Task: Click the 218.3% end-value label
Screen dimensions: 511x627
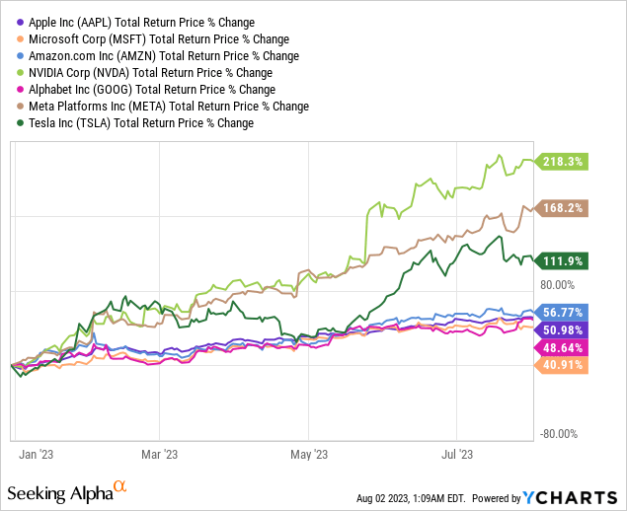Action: point(562,160)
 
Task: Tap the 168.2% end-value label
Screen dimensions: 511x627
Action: point(562,208)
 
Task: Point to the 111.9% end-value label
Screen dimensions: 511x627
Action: point(562,260)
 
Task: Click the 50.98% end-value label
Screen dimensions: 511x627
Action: point(562,329)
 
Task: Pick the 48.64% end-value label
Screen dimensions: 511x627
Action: point(562,347)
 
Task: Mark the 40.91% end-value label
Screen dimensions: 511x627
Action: point(562,365)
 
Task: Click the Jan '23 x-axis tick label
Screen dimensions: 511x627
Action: point(37,456)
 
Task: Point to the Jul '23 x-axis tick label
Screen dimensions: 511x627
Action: point(457,456)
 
